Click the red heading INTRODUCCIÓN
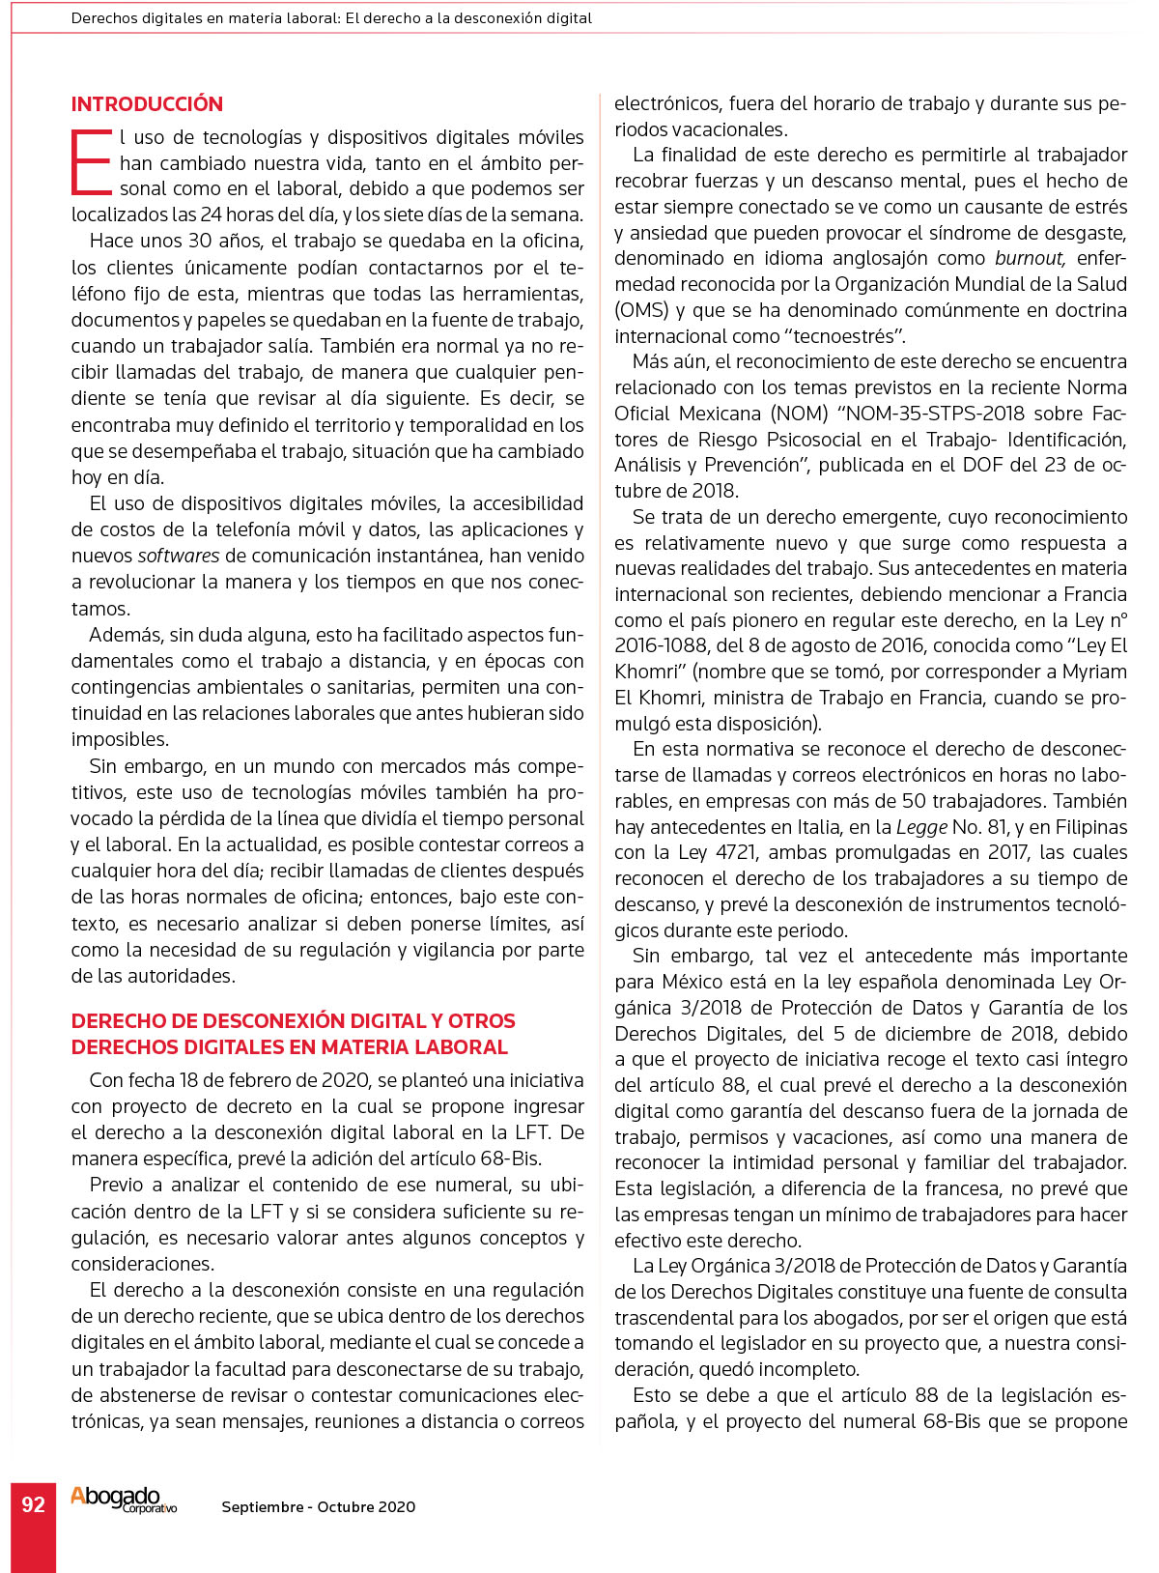147,104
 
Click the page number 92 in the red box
33,1504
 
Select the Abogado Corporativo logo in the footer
123,1500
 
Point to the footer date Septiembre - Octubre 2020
318,1506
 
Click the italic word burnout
1030,258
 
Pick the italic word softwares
179,556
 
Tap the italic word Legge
921,827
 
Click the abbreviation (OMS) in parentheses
638,310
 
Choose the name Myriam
1094,672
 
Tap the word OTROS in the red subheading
482,1021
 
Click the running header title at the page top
331,18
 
